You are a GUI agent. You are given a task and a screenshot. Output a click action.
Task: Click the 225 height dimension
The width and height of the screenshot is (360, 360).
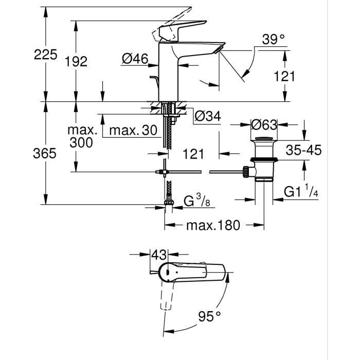[x=46, y=54]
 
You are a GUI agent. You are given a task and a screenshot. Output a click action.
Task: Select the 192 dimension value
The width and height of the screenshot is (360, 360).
[x=77, y=62]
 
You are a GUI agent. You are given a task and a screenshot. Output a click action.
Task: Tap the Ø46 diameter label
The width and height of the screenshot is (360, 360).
[x=135, y=60]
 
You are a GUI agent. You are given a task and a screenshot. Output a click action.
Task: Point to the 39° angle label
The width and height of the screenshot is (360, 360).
[x=273, y=39]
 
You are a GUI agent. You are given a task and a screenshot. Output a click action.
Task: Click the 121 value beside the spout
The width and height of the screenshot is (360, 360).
[x=284, y=76]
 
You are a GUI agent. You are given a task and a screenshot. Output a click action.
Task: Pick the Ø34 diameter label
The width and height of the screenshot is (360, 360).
[x=207, y=117]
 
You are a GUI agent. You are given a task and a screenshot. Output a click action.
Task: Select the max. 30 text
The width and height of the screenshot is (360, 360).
[x=133, y=131]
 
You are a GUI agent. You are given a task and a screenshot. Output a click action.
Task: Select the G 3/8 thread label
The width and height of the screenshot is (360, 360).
[x=197, y=201]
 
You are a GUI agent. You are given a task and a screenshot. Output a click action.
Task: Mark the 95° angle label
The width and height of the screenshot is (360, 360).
[x=210, y=315]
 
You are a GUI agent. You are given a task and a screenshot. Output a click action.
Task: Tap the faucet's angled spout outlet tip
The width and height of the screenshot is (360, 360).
[x=221, y=48]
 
